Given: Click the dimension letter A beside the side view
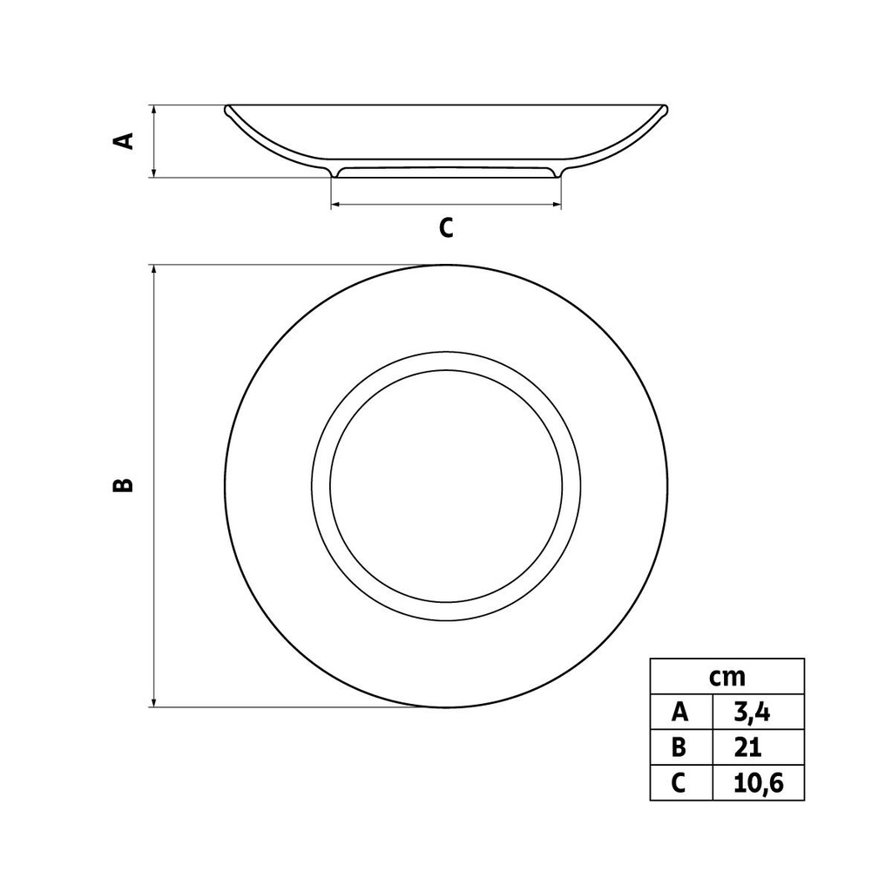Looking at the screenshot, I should tap(126, 141).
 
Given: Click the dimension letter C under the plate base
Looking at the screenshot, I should tap(446, 227).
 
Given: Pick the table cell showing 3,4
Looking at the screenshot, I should tap(757, 713).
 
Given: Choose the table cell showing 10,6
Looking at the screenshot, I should tap(758, 783).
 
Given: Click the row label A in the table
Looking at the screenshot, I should tap(680, 713).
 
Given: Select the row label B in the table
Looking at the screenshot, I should tap(680, 747).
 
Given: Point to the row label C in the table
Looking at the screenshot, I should tap(680, 783).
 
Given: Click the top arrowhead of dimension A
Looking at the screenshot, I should tap(154, 110).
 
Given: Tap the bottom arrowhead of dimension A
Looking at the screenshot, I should tap(154, 173).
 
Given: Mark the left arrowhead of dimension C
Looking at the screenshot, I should tap(335, 206).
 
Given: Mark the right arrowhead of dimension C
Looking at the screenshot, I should tap(557, 206).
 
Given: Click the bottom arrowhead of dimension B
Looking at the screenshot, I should tap(154, 702).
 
